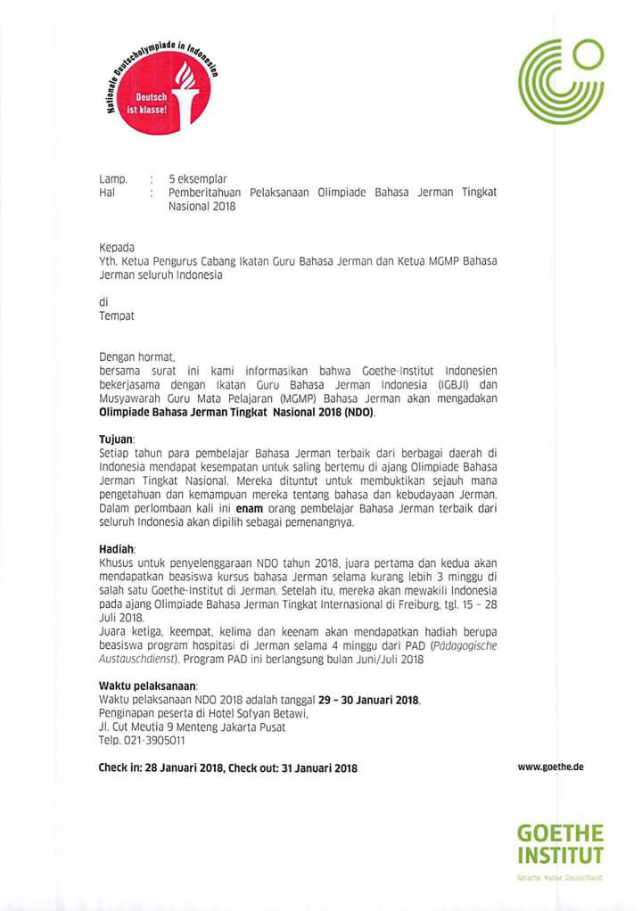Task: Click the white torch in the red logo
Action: (186, 89)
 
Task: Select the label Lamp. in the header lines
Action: (112, 179)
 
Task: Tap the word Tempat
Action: (116, 315)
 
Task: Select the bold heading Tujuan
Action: (116, 440)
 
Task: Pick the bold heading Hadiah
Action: (116, 550)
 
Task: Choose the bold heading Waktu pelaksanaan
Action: (147, 685)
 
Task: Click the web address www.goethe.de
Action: (550, 766)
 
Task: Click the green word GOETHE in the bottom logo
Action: (561, 834)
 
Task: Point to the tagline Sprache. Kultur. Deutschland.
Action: (560, 878)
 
